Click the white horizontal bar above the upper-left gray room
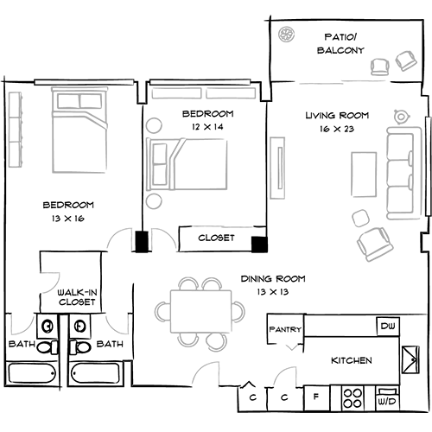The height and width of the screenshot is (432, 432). click(x=84, y=83)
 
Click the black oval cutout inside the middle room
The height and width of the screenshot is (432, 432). click(x=207, y=118)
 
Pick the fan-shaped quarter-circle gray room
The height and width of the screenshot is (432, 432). click(x=57, y=279)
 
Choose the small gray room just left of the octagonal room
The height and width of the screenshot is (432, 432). click(x=116, y=324)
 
